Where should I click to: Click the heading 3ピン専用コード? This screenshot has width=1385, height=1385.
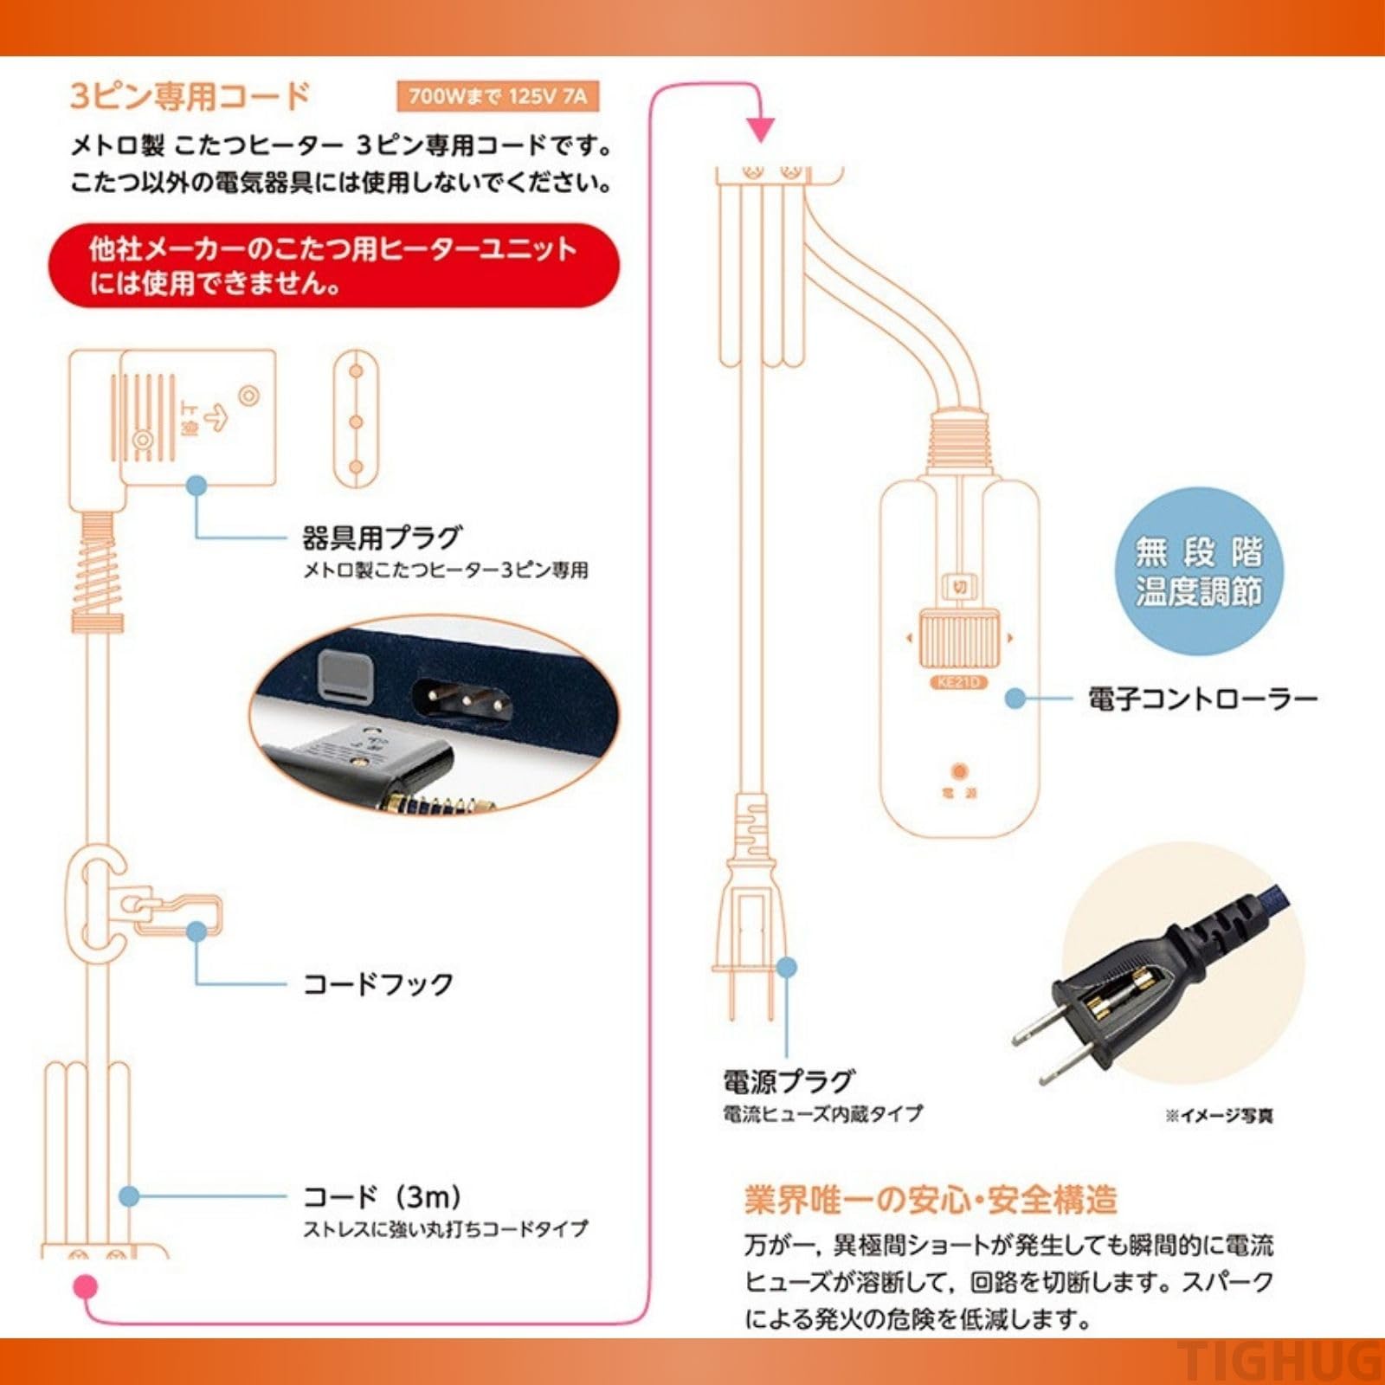coord(190,95)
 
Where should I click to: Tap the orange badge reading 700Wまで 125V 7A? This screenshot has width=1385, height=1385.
coord(497,95)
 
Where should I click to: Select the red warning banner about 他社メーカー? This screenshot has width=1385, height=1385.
coord(333,265)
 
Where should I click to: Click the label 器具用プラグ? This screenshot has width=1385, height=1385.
coord(382,538)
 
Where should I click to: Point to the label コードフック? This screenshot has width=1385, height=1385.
coord(377,984)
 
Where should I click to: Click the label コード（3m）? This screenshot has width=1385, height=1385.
coord(382,1196)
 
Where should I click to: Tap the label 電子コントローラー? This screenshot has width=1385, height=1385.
coord(1202,699)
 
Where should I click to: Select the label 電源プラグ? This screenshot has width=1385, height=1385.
coord(789,1081)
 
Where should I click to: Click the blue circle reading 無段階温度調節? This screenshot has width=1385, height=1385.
coord(1199,571)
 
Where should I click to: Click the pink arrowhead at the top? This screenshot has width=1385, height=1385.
coord(760,130)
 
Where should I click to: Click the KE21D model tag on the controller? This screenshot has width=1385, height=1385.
coord(958,682)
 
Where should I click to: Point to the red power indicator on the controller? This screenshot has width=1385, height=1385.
coord(959,770)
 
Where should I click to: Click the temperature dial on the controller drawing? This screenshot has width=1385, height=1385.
coord(958,638)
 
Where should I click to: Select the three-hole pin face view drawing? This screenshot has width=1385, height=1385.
coord(356,420)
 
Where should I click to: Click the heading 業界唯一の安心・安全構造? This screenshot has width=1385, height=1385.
coord(931,1200)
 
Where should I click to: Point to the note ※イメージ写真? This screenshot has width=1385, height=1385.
coord(1219,1116)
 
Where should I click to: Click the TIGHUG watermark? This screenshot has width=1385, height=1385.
coord(1281,1361)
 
